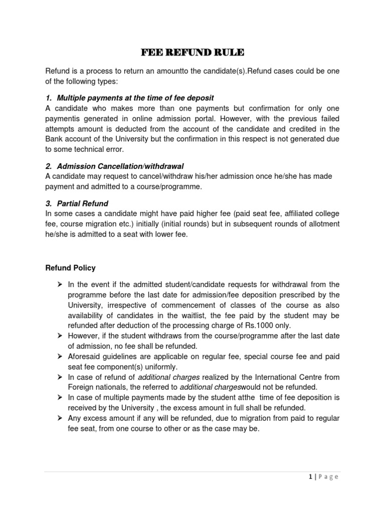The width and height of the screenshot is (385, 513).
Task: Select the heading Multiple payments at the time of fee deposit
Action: pyautogui.click(x=135, y=98)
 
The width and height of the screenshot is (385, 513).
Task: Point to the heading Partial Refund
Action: pyautogui.click(x=83, y=203)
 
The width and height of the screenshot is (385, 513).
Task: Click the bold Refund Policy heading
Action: pyautogui.click(x=70, y=268)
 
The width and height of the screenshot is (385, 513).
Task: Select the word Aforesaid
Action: pyautogui.click(x=85, y=356)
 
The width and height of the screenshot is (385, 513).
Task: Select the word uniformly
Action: pyautogui.click(x=161, y=367)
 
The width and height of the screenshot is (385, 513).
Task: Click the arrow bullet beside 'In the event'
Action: pyautogui.click(x=59, y=284)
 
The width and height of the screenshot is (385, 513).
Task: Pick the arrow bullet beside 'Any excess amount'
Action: pyautogui.click(x=59, y=418)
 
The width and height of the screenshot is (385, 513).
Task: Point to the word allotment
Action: pyautogui.click(x=321, y=223)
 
